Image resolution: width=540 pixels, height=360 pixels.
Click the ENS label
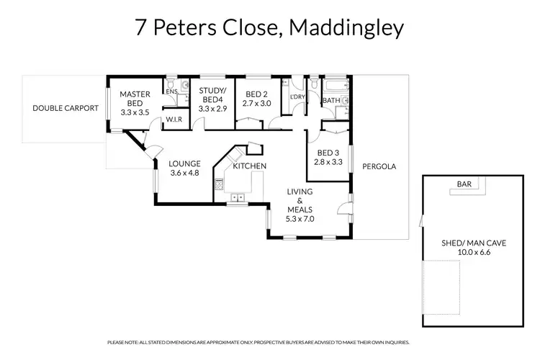point(171,92)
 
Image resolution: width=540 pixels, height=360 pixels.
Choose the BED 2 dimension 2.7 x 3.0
point(257,103)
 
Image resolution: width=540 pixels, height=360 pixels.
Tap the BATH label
point(332,101)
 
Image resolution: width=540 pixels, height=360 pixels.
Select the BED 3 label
point(328,153)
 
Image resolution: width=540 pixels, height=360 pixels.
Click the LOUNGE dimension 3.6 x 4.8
point(185,173)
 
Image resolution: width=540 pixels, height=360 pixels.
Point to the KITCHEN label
point(249,166)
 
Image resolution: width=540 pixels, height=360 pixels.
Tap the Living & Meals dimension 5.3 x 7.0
point(300,218)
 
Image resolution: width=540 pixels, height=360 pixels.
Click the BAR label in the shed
point(465,185)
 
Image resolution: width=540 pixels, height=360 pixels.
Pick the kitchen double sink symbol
point(239,198)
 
